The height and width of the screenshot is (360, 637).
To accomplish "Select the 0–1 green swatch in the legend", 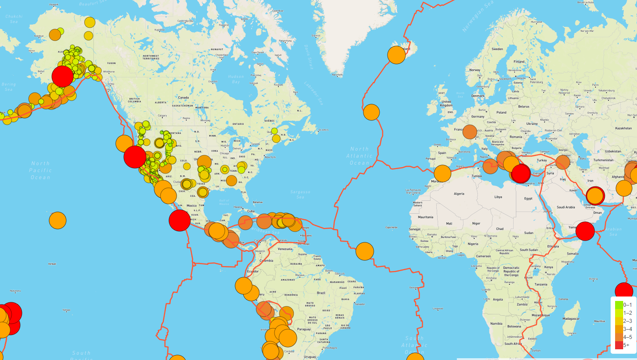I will point(619,305).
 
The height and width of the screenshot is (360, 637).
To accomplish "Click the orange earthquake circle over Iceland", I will point(396,55).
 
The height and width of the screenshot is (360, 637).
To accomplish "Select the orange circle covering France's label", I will point(470,132).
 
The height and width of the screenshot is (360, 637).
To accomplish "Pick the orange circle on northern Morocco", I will point(442,174).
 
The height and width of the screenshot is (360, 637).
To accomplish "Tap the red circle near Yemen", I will point(585,231).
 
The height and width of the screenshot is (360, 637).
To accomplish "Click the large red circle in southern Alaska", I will point(63,76).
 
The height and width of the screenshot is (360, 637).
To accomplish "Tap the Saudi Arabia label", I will point(566,207).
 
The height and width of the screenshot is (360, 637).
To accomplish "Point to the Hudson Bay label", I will point(236,79).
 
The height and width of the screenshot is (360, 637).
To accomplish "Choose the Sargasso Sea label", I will point(300,194).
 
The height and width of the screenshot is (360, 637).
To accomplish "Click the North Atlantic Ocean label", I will point(360,156).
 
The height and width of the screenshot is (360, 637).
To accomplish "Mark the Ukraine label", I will point(532,123).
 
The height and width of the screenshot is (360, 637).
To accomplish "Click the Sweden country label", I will point(497,49).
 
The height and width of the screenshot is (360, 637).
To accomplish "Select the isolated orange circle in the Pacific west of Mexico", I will point(57,220).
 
